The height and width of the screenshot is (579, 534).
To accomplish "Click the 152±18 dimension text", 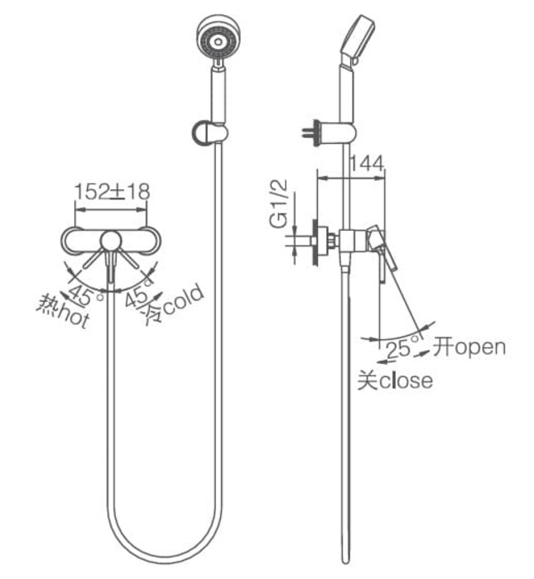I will [112, 192].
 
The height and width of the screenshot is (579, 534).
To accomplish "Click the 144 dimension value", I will [368, 164].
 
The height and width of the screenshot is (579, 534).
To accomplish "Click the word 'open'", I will [479, 347].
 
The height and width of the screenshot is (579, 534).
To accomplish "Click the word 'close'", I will [406, 380].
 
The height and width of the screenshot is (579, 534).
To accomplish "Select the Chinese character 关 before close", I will [367, 380].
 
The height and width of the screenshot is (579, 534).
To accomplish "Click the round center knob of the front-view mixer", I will [111, 241].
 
